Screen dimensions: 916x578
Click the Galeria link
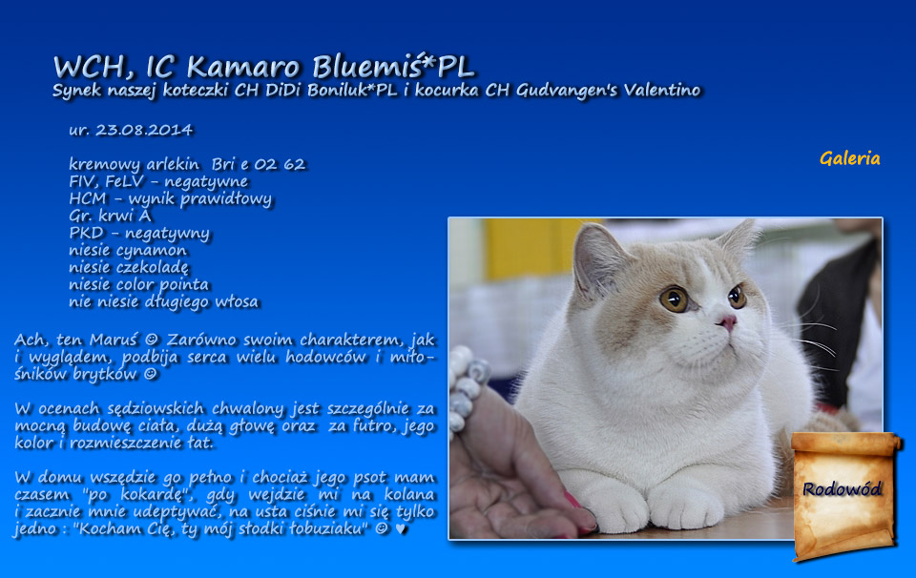point(849,158)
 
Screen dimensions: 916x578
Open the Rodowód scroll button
point(844,496)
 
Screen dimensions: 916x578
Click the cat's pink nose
point(728,321)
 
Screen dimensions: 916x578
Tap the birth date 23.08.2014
point(144,130)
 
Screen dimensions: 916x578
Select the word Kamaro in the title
point(243,67)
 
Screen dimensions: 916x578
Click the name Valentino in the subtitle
point(662,90)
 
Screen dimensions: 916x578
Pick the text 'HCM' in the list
point(88,198)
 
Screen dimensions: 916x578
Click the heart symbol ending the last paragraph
point(400,529)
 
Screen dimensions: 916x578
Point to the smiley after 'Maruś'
point(152,340)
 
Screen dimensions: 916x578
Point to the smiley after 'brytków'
point(151,374)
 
